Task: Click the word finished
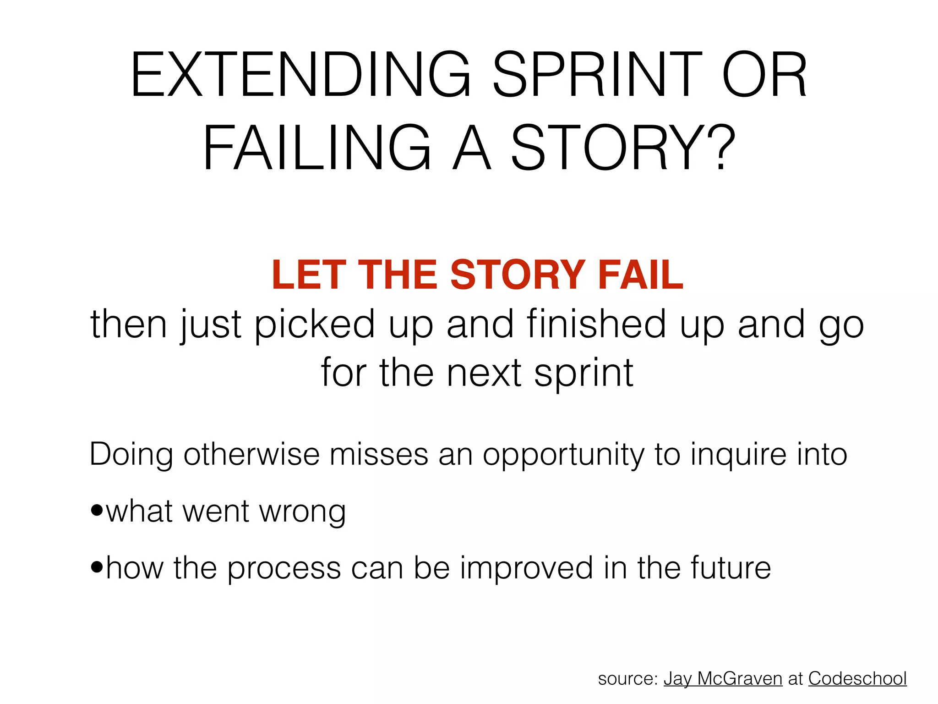click(x=597, y=324)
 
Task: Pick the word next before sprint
click(x=484, y=373)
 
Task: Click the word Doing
click(x=131, y=455)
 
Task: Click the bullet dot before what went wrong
click(x=97, y=510)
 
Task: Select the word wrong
click(x=302, y=512)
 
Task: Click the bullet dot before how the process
click(x=97, y=567)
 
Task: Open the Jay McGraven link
click(x=723, y=679)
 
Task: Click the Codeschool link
click(x=857, y=679)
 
